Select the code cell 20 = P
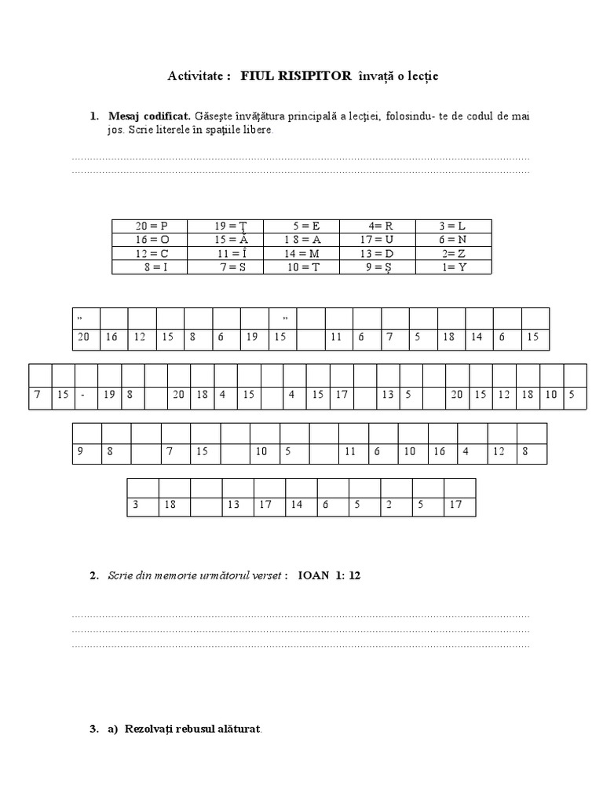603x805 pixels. [x=151, y=226]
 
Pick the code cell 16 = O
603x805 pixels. [x=151, y=239]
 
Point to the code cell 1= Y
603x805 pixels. [x=453, y=267]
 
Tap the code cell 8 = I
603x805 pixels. [x=151, y=267]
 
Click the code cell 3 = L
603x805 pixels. [x=453, y=226]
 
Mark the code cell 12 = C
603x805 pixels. [x=151, y=253]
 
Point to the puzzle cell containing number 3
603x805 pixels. [x=136, y=506]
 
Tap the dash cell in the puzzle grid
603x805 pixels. [x=83, y=395]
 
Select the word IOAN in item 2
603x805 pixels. [x=314, y=575]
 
